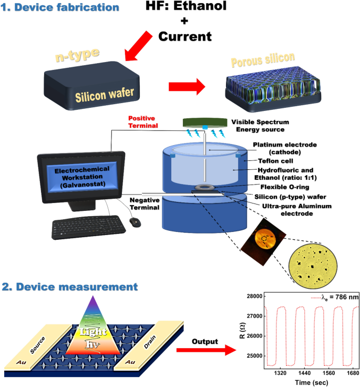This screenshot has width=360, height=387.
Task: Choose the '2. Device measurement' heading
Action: (70, 287)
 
